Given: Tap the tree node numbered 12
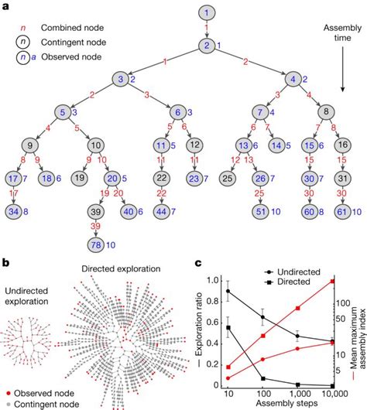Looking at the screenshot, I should click(195, 144).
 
